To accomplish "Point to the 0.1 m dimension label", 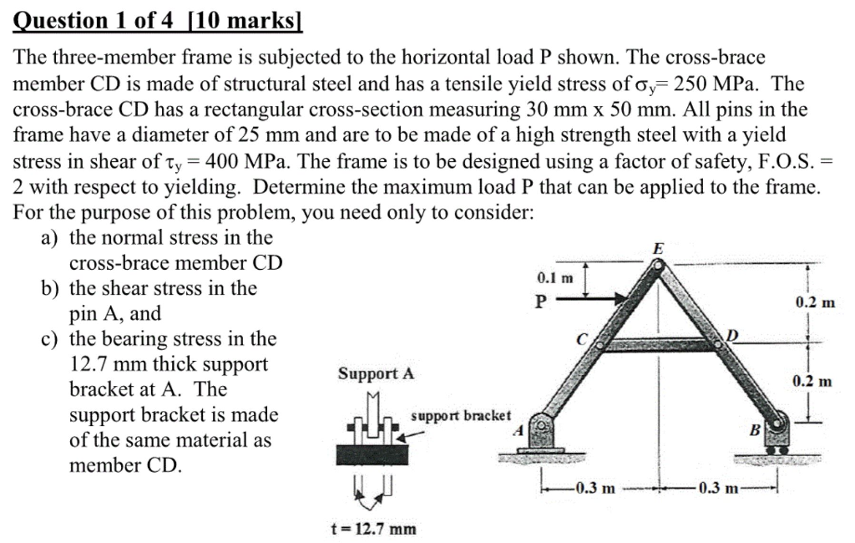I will pos(554,277).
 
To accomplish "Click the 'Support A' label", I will pos(376,373).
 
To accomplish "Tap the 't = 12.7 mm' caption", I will pos(374,528).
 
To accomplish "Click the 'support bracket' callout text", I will pos(462,415).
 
